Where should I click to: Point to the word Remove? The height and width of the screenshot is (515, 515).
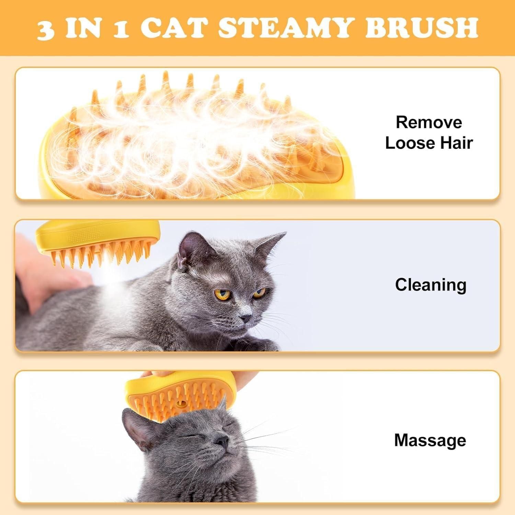pos(429,123)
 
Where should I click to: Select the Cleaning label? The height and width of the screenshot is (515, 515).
pos(431,285)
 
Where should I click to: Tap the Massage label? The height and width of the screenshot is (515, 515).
pos(430,440)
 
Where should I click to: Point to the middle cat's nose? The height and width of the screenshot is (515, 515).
pos(245,319)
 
